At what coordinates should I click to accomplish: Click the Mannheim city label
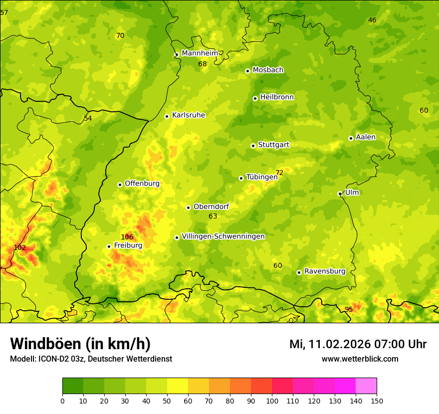(x=200, y=53)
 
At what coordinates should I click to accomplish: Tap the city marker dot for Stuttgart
(x=253, y=146)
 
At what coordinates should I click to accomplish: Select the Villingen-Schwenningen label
(x=223, y=236)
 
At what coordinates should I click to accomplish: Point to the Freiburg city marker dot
(x=109, y=246)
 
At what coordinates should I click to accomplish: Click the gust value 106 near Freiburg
(x=127, y=237)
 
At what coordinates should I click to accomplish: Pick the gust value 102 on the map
(x=20, y=247)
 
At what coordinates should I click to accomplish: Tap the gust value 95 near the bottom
(x=349, y=309)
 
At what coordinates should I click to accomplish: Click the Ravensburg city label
(x=325, y=271)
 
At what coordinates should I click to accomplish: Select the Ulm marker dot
(x=340, y=194)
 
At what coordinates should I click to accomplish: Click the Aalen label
(x=366, y=137)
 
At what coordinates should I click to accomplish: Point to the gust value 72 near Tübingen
(x=279, y=173)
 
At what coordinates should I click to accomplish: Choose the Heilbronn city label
(x=277, y=97)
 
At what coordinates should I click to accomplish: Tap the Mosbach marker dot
(x=247, y=71)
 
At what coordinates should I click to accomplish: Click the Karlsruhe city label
(x=189, y=115)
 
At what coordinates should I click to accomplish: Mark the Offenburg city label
(x=142, y=184)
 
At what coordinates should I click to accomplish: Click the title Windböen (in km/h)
(x=80, y=344)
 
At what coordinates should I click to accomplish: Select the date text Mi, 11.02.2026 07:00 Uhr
(x=358, y=344)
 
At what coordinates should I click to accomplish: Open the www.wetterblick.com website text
(x=360, y=359)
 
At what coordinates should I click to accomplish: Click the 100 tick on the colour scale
(x=272, y=401)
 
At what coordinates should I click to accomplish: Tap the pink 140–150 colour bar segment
(x=366, y=386)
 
